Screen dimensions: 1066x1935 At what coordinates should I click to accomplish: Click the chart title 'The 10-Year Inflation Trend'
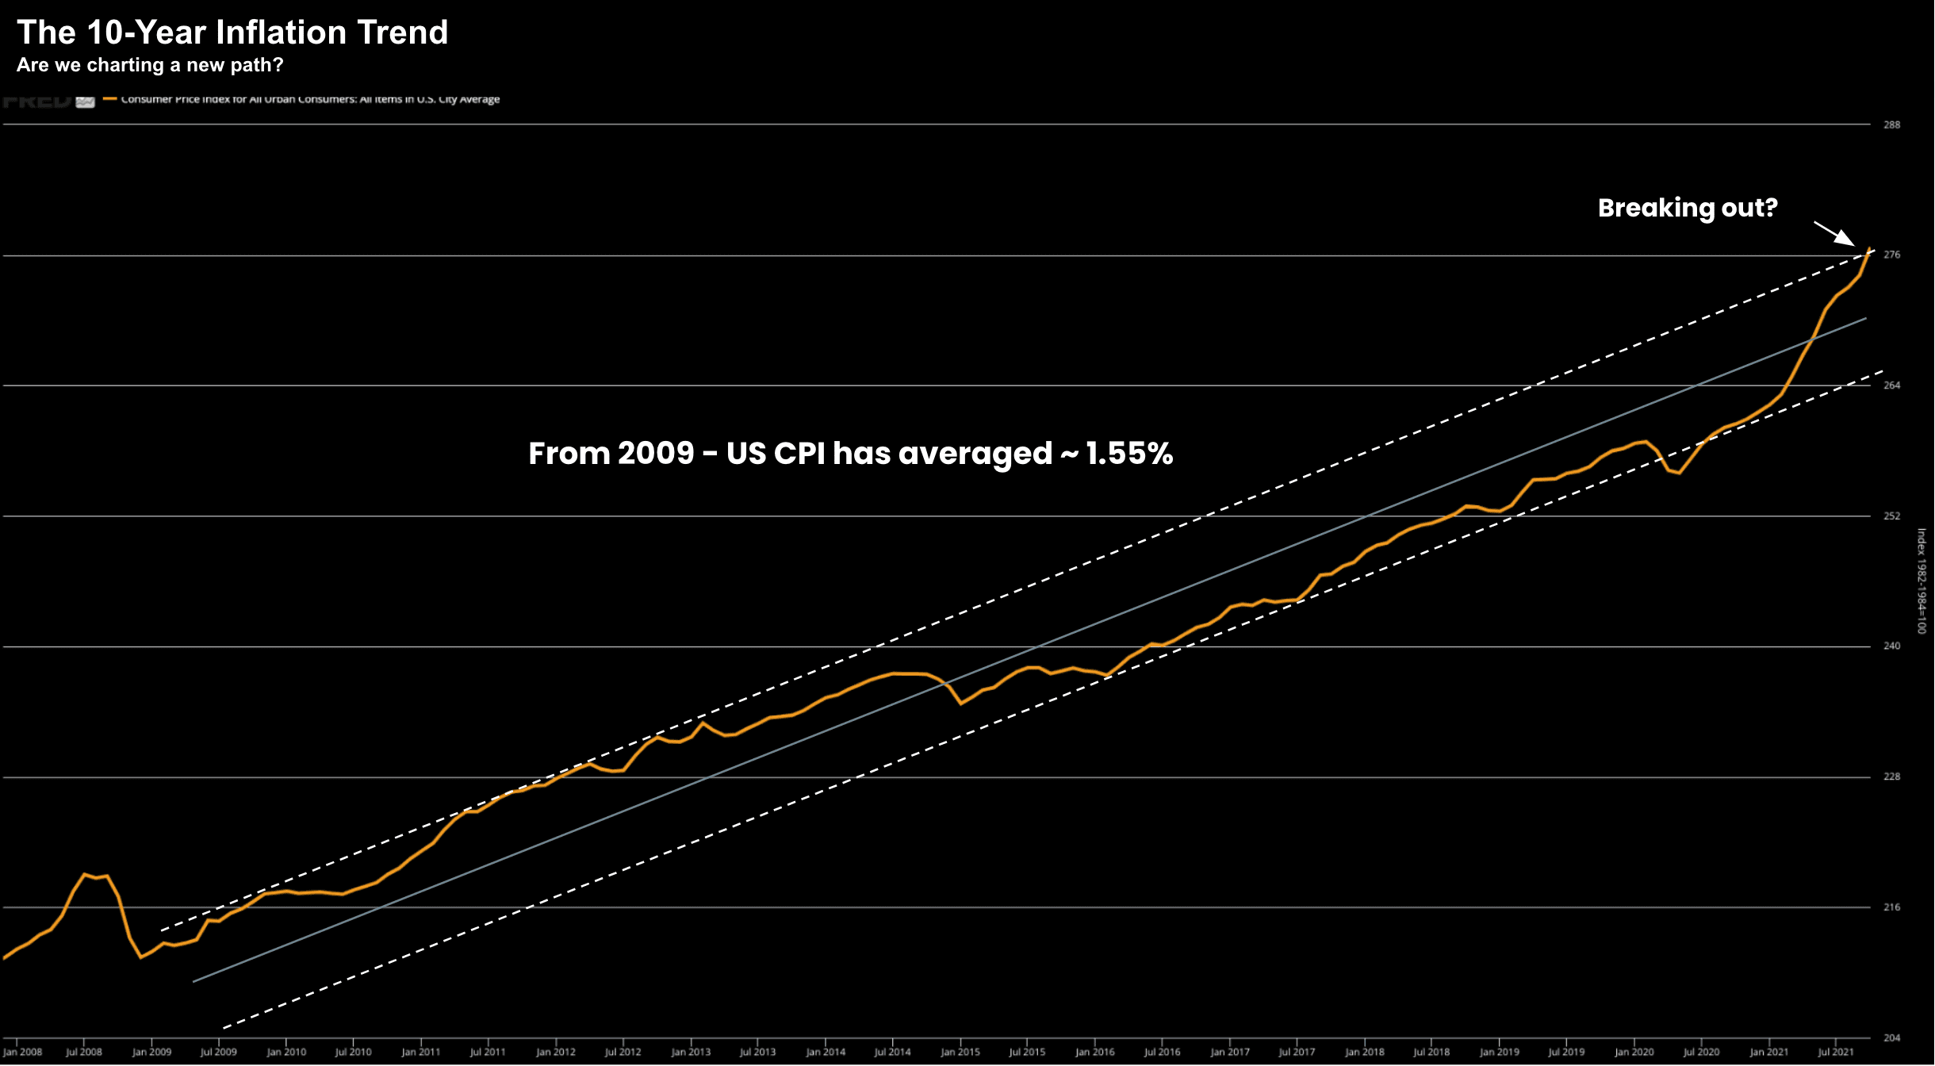tap(232, 33)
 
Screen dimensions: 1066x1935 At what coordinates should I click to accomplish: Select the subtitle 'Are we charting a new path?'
tap(150, 65)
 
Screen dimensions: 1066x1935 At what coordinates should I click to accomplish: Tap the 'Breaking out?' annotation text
tap(1688, 208)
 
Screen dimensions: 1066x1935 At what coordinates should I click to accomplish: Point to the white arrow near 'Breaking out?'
tap(1834, 234)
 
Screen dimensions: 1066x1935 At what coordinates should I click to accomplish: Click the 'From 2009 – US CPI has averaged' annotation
tap(850, 454)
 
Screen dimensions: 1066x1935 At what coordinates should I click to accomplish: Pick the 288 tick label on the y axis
tap(1892, 125)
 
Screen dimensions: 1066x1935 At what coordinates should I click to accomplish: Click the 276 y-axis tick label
tap(1892, 255)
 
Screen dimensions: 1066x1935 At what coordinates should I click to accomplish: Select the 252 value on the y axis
tap(1892, 516)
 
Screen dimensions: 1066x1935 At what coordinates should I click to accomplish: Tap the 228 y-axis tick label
tap(1892, 777)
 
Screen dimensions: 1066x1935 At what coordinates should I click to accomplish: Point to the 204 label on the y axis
tap(1892, 1037)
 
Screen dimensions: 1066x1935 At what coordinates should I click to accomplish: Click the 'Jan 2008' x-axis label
tap(22, 1053)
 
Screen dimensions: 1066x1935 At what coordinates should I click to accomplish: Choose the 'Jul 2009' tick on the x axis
tap(218, 1053)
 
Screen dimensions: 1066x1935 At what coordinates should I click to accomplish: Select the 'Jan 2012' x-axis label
tap(555, 1053)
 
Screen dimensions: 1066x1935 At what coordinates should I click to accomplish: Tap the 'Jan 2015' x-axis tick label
tap(960, 1053)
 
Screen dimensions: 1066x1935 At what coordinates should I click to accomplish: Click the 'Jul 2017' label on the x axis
tap(1297, 1053)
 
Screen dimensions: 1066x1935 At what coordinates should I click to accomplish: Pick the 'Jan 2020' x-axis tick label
tap(1634, 1053)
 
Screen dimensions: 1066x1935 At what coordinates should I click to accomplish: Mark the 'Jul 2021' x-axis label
tap(1836, 1053)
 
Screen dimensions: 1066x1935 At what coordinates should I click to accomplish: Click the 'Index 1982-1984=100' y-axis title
tap(1922, 581)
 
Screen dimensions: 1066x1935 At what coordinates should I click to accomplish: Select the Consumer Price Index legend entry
tap(309, 100)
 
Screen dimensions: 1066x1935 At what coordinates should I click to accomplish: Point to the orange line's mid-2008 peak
tap(84, 874)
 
